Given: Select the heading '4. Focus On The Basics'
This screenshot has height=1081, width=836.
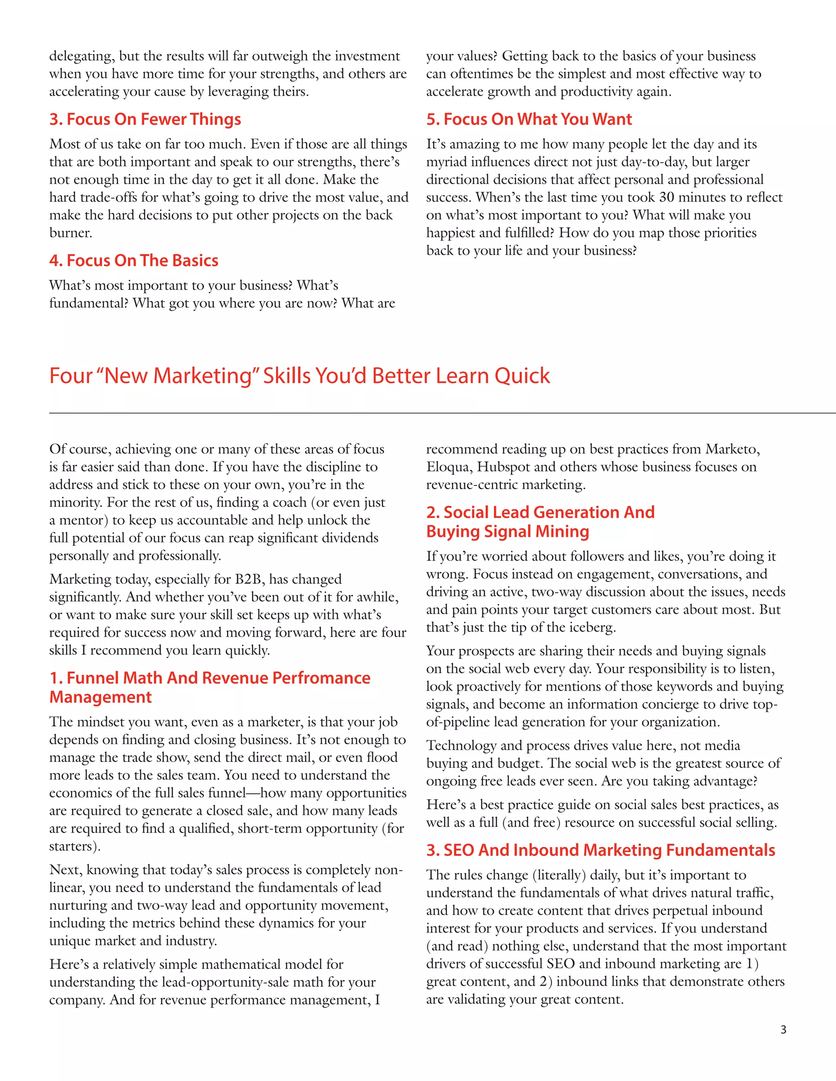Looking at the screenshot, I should [134, 260].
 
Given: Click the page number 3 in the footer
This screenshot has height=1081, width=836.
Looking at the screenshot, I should [783, 1030].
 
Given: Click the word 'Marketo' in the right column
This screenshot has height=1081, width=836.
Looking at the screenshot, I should [732, 449].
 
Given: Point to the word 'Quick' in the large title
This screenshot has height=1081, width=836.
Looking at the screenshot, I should [522, 376].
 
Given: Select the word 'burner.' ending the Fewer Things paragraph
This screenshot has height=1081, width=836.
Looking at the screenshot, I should [70, 233].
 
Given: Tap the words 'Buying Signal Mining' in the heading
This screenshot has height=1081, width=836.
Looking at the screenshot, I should [508, 531].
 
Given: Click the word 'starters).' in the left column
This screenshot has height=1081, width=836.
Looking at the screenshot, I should [75, 846].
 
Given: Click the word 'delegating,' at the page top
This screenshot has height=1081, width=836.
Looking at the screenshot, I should [82, 56].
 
